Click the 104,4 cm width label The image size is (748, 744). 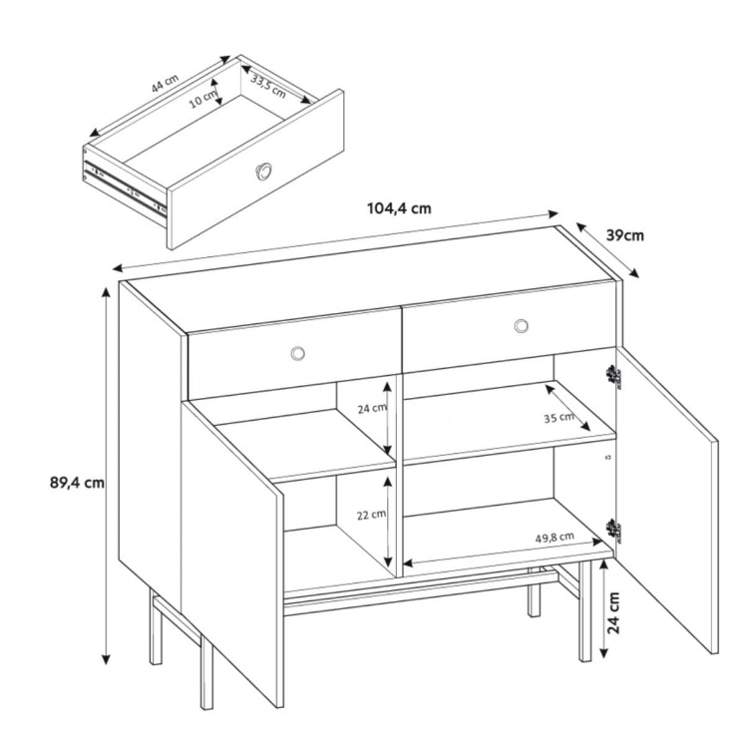(x=399, y=208)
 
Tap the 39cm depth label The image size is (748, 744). (x=625, y=235)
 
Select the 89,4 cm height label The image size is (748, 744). (x=77, y=483)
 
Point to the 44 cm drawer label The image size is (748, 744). (x=165, y=84)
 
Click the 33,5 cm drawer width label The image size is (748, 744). (x=268, y=87)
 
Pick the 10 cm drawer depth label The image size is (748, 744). (x=203, y=99)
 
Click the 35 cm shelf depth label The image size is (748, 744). (x=560, y=418)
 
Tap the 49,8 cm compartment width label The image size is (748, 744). (x=555, y=538)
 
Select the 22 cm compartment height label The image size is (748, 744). (x=371, y=515)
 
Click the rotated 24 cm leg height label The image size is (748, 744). (x=614, y=612)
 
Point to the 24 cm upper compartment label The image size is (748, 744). (x=372, y=408)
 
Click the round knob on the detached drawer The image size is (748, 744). (x=263, y=172)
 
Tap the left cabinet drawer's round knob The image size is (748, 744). (x=297, y=353)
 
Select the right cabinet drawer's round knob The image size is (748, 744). (x=521, y=326)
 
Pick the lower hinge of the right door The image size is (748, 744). (x=613, y=531)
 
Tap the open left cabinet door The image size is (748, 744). (x=232, y=554)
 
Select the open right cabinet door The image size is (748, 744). (x=667, y=501)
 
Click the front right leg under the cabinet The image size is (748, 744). (x=584, y=611)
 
